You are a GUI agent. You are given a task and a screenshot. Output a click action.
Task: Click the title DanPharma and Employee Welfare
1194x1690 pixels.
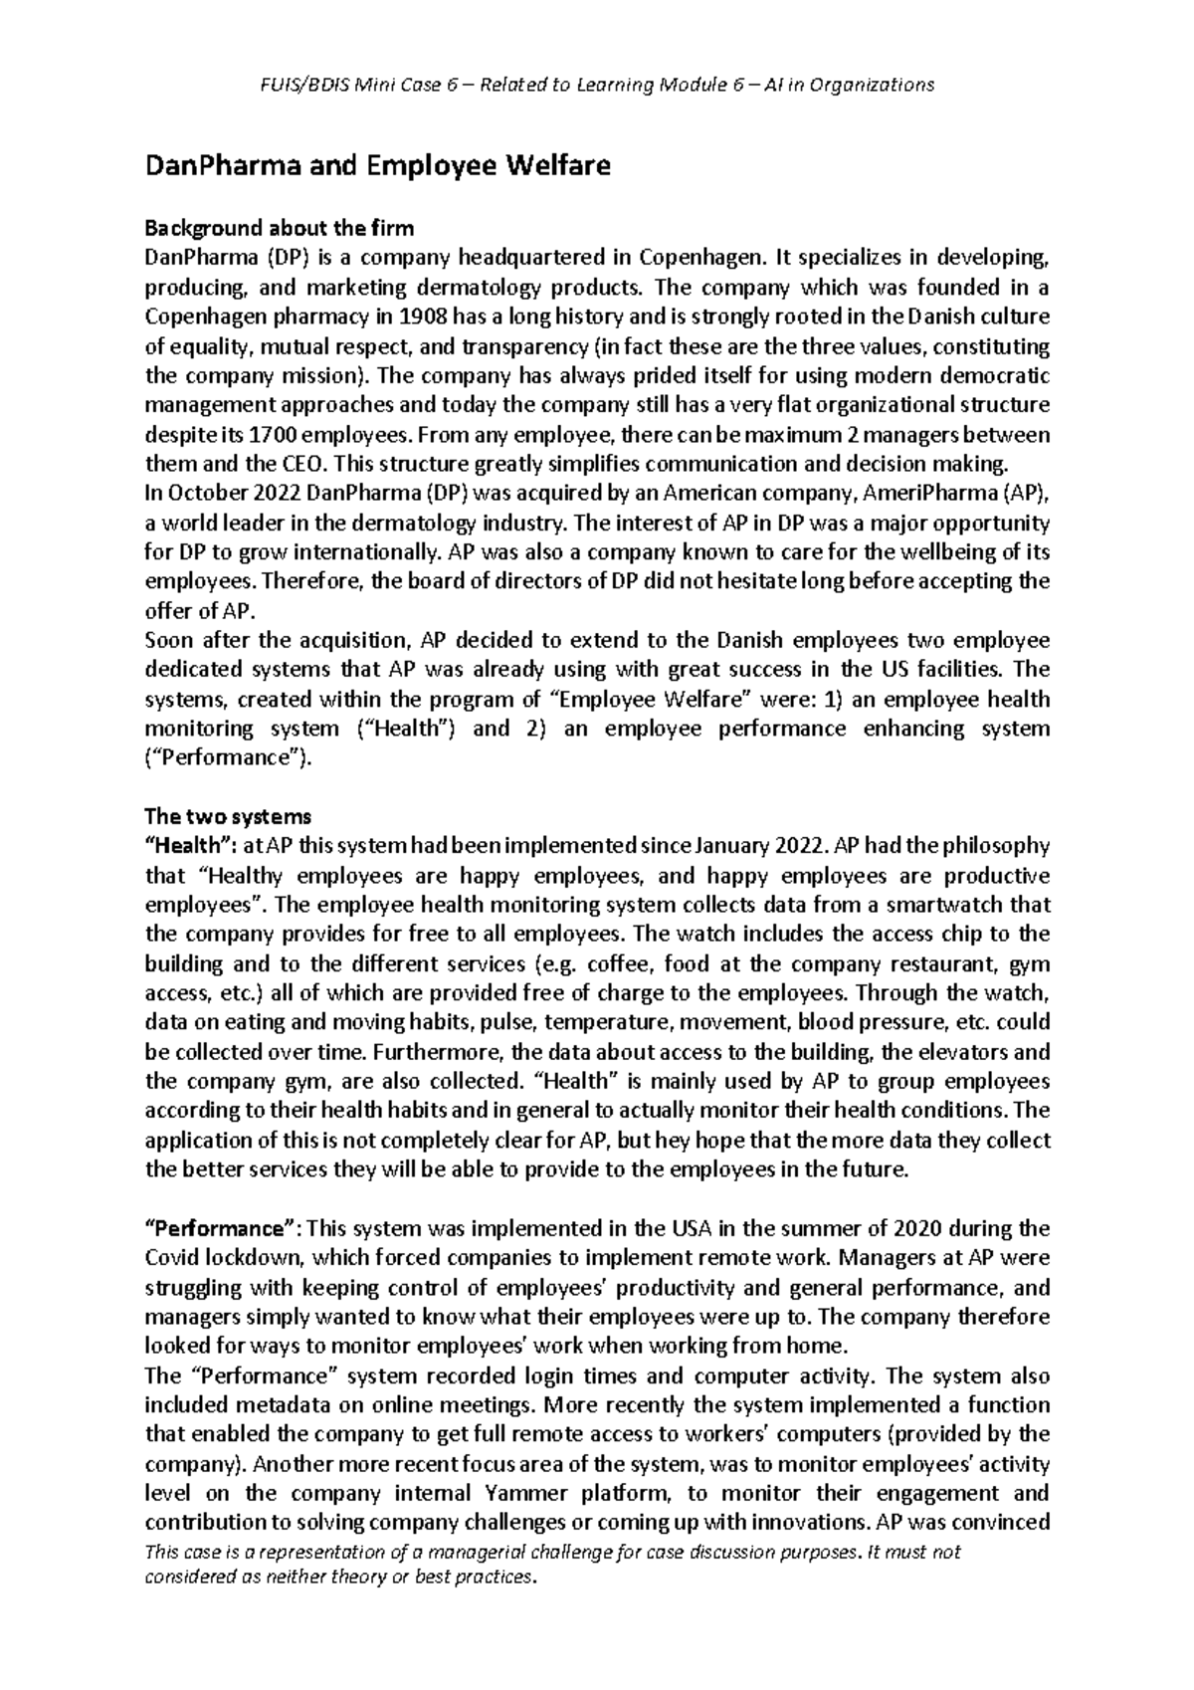(x=377, y=166)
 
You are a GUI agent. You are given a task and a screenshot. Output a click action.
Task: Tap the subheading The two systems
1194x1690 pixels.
(x=228, y=817)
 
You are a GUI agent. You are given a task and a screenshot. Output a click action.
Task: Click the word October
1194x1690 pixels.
(x=200, y=494)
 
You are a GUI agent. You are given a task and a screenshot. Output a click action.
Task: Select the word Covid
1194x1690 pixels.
(x=174, y=1258)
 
